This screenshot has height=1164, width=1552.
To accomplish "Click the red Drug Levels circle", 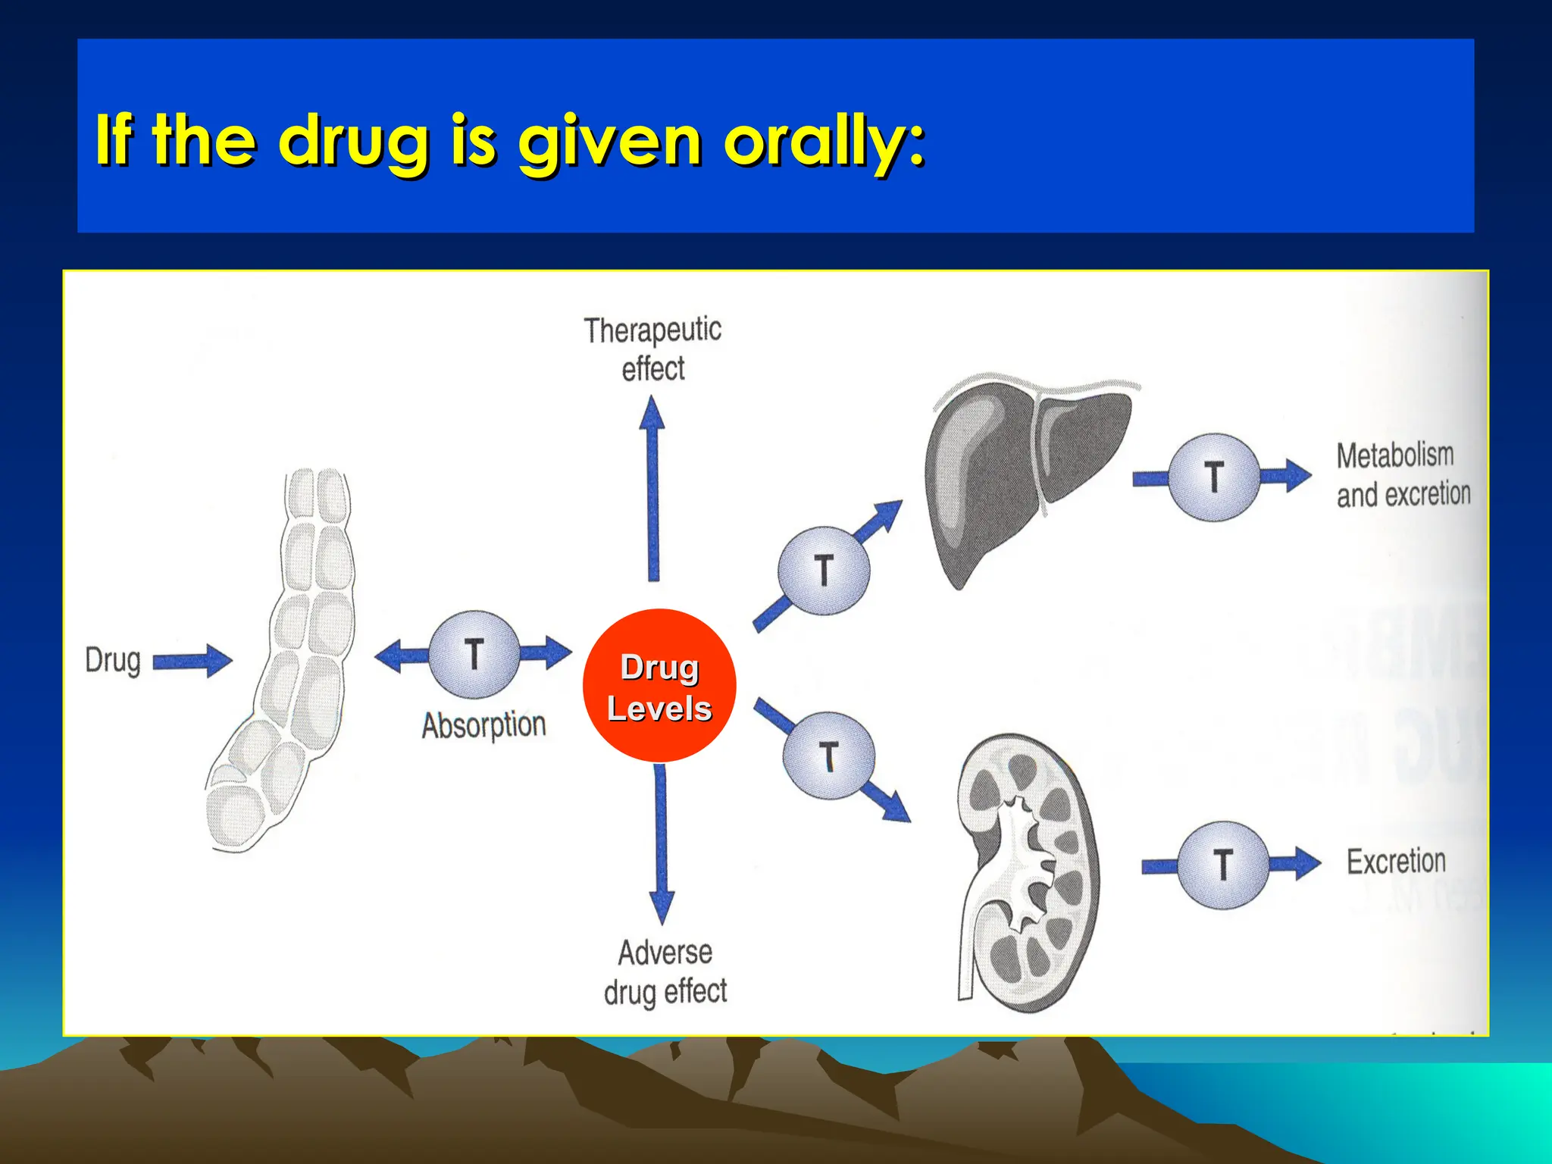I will [x=659, y=686].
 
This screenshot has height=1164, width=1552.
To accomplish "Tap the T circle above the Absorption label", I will [x=474, y=654].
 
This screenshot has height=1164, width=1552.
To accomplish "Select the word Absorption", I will [x=483, y=725].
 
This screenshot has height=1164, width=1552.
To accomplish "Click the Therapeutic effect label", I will [x=652, y=349].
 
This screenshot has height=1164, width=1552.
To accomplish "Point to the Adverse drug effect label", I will [x=665, y=972].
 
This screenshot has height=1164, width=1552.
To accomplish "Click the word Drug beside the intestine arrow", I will [x=113, y=660].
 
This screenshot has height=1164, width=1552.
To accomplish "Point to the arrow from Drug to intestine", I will [x=192, y=662].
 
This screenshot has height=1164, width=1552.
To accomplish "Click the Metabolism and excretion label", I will [x=1402, y=475].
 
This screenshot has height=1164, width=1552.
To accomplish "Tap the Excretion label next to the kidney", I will [x=1396, y=862].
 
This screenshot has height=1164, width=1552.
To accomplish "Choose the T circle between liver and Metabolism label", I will [x=1214, y=477].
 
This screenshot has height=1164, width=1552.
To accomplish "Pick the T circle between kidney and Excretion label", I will [x=1222, y=865].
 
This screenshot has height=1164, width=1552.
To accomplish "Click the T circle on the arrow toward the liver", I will [x=824, y=571].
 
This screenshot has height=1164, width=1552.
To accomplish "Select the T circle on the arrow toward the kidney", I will [x=828, y=756].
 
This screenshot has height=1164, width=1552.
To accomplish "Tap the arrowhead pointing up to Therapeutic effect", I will [x=652, y=413].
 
